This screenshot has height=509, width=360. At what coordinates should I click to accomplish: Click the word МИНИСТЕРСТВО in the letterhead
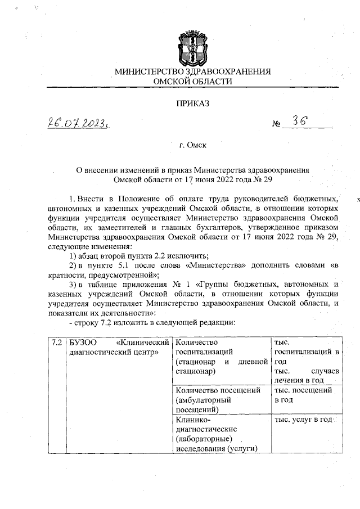coord(148,72)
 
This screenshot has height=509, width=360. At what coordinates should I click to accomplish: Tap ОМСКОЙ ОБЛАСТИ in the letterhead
coord(192,82)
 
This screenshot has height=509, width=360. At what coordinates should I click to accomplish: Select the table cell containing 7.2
coord(56,342)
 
